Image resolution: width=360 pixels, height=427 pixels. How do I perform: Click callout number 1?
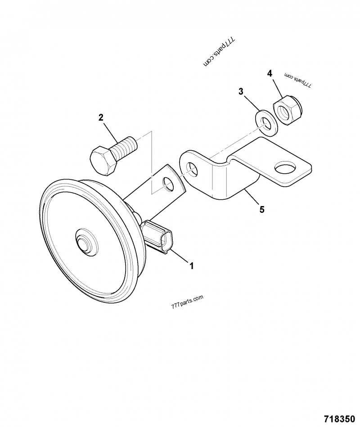192,266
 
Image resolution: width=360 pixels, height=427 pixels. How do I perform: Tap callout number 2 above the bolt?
101,118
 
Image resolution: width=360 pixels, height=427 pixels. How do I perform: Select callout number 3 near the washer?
241,91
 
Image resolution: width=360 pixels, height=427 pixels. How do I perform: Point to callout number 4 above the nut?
270,73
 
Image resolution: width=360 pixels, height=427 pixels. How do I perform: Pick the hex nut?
287,110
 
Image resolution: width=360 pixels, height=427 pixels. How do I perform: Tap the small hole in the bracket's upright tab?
192,169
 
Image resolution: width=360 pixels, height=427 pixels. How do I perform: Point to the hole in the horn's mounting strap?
168,184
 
